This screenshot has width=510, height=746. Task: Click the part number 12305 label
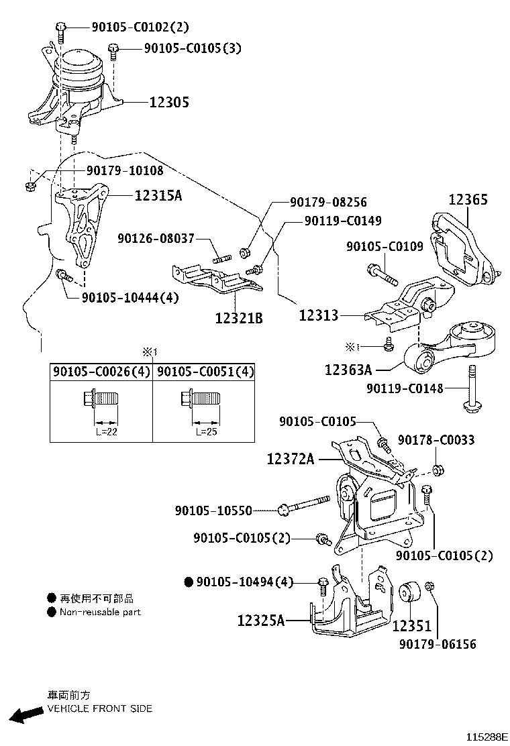click(169, 102)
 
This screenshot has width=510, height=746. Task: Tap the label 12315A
click(158, 195)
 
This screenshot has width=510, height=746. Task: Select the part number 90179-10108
click(125, 170)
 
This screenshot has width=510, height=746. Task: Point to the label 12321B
click(239, 317)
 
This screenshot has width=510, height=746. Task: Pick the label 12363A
click(348, 369)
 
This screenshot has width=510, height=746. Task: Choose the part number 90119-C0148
click(405, 388)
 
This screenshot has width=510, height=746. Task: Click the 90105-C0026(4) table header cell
click(101, 371)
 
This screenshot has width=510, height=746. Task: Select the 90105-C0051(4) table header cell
click(205, 371)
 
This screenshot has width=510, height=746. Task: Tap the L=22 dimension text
click(106, 432)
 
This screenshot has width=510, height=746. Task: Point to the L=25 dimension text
click(206, 432)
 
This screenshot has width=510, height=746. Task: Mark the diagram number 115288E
click(487, 737)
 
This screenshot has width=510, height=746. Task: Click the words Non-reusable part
click(101, 612)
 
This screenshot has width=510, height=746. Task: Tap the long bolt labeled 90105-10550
click(304, 504)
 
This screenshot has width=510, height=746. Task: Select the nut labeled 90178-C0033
click(438, 470)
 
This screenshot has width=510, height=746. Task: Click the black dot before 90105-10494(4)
click(189, 582)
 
